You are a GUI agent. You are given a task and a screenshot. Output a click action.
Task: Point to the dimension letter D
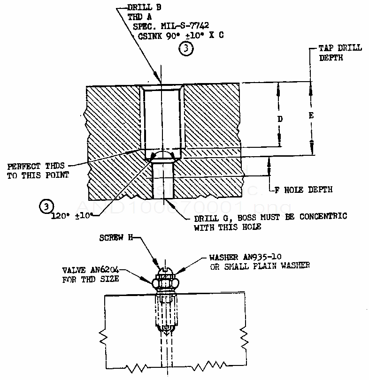(x=280, y=119)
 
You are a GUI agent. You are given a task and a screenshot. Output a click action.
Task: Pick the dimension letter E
(x=311, y=115)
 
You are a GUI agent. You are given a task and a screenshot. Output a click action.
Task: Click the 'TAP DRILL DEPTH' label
(x=337, y=53)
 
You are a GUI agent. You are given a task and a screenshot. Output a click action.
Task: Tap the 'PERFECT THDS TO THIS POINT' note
(x=38, y=170)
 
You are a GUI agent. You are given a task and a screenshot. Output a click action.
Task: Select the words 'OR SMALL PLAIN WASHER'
(x=259, y=266)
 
